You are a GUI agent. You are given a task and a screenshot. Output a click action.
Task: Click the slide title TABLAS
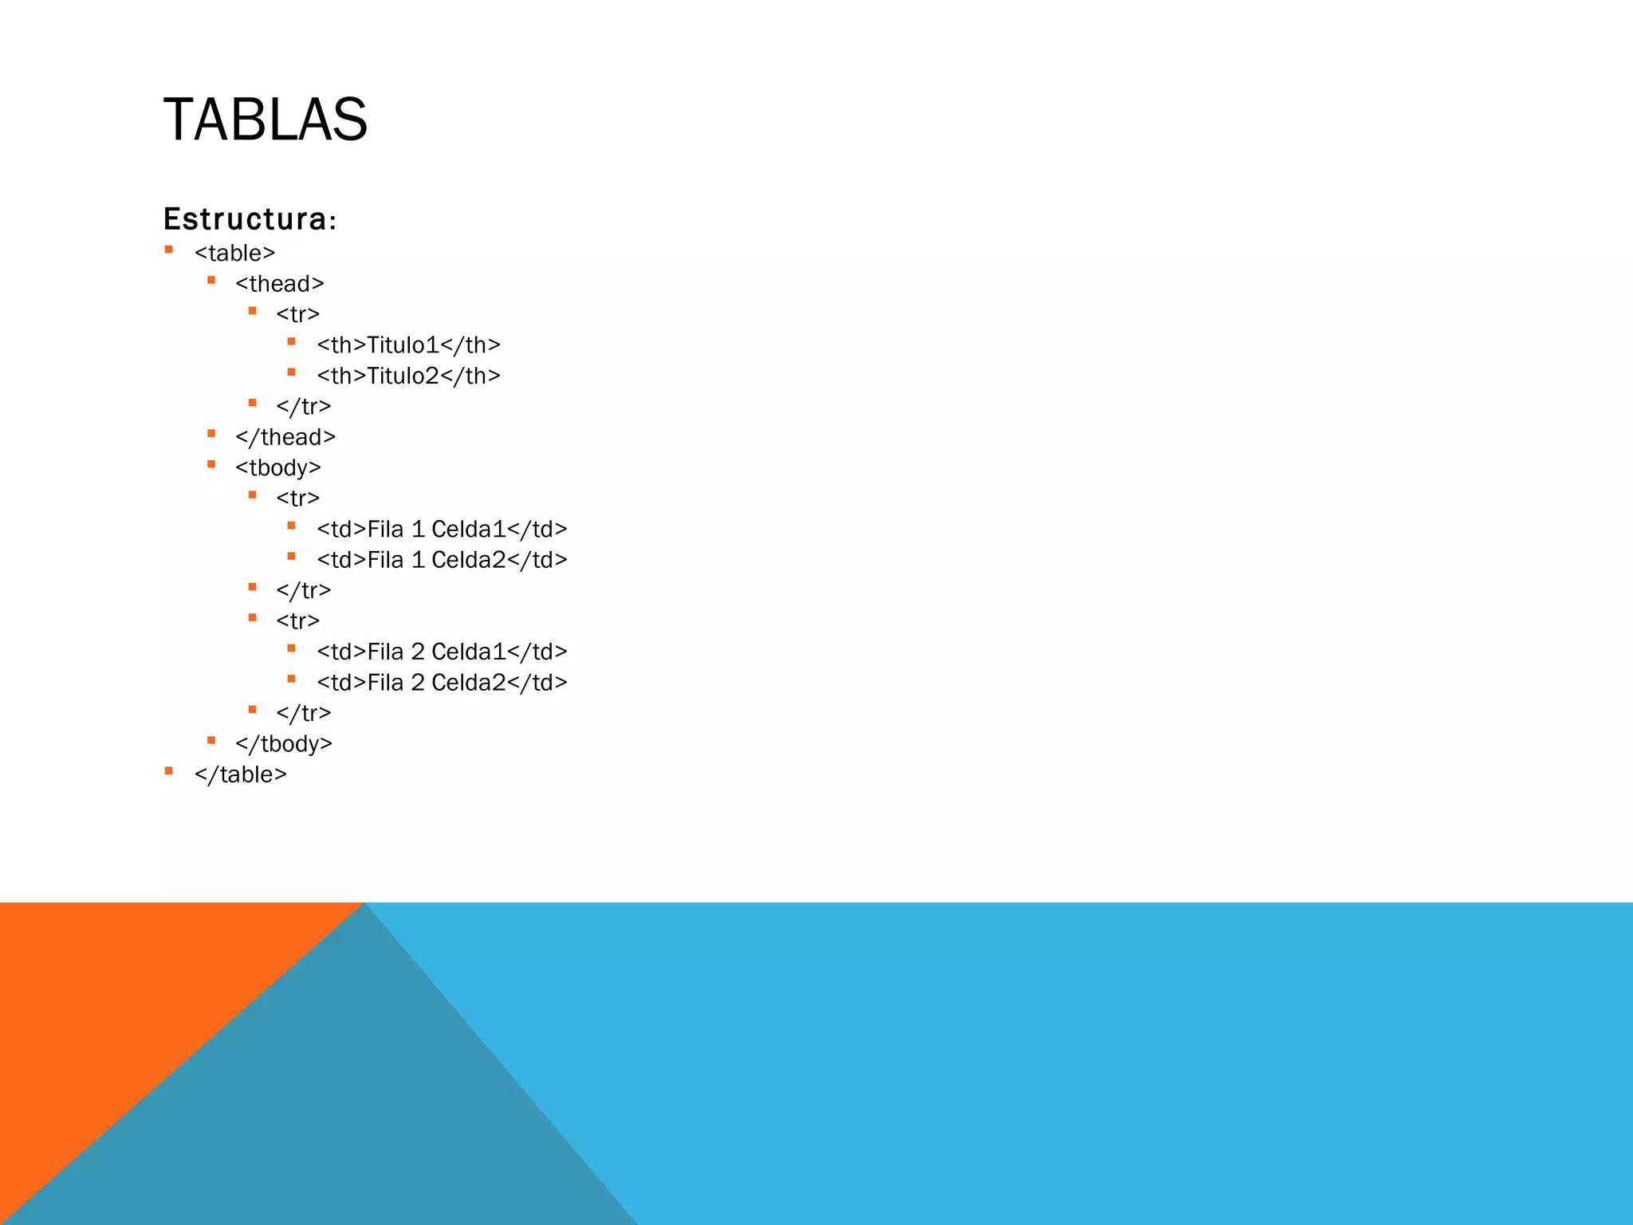pyautogui.click(x=265, y=120)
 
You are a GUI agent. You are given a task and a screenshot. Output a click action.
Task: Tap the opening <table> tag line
pyautogui.click(x=234, y=253)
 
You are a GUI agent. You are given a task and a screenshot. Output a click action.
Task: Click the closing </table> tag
pyautogui.click(x=240, y=774)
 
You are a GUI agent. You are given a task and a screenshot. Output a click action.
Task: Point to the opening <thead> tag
pyautogui.click(x=279, y=284)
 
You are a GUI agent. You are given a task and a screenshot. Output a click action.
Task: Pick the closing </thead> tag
pyautogui.click(x=285, y=437)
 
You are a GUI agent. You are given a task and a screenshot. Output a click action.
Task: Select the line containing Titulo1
pyautogui.click(x=408, y=345)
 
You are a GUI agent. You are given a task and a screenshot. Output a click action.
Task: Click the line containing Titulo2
pyautogui.click(x=408, y=376)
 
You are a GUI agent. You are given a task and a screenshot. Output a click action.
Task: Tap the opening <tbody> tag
pyautogui.click(x=277, y=468)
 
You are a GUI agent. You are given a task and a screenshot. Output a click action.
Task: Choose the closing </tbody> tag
pyautogui.click(x=283, y=744)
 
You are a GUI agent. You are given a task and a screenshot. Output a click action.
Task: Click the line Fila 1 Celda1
pyautogui.click(x=442, y=530)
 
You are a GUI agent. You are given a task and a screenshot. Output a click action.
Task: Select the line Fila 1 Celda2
pyautogui.click(x=442, y=560)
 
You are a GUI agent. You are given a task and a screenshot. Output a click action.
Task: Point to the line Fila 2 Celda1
pyautogui.click(x=442, y=652)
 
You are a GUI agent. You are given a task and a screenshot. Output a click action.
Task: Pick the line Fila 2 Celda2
pyautogui.click(x=442, y=683)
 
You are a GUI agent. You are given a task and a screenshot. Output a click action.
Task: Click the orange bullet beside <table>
pyautogui.click(x=168, y=250)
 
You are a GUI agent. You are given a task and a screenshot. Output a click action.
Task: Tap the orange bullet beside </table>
pyautogui.click(x=168, y=771)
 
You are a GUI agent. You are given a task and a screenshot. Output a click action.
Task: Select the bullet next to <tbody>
pyautogui.click(x=211, y=464)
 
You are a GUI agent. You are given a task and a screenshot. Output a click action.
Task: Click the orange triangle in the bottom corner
pyautogui.click(x=120, y=997)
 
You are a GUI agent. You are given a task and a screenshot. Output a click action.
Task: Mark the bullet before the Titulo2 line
pyautogui.click(x=292, y=372)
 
